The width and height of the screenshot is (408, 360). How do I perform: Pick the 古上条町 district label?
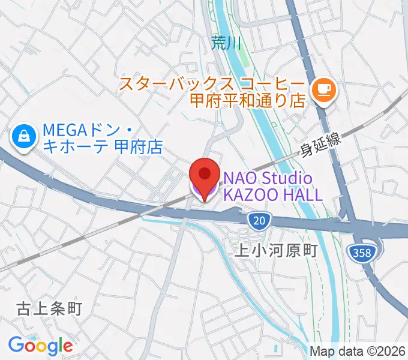coord(49,309)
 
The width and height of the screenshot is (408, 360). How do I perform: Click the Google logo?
coord(40,345)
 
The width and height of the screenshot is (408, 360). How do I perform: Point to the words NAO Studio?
coord(268,178)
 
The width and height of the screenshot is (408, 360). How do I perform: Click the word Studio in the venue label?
coord(287,178)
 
